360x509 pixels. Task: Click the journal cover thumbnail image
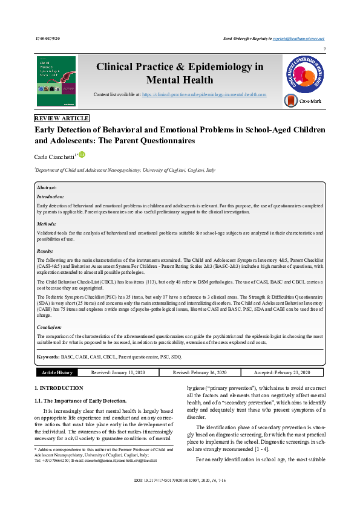[56, 82]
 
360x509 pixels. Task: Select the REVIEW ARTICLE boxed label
[62, 118]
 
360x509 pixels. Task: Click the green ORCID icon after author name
[82, 155]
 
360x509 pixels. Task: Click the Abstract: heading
[48, 188]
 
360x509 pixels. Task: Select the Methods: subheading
[47, 224]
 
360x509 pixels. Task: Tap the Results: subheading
[46, 251]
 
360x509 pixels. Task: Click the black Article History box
[57, 372]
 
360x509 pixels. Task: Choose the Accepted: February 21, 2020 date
[279, 372]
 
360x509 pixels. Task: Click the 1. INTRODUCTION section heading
[59, 387]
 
